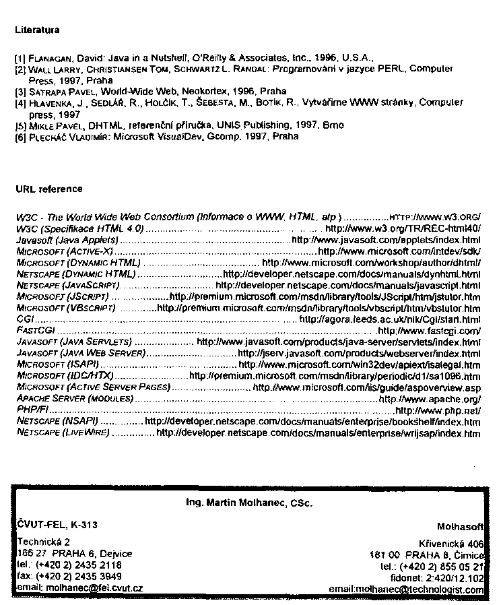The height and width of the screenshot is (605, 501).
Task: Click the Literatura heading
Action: point(37,30)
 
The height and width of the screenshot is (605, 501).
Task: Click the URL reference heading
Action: point(48,189)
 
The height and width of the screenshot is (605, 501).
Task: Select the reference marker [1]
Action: point(20,59)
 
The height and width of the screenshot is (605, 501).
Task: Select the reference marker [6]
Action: point(20,136)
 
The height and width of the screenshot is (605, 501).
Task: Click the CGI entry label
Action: point(23,319)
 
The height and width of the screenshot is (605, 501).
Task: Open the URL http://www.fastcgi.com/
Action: point(430,331)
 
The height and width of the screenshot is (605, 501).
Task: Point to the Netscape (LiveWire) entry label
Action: point(63,433)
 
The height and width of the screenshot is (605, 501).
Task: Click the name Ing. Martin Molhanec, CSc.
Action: point(249,502)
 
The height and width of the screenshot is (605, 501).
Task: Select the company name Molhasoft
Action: point(460,526)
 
